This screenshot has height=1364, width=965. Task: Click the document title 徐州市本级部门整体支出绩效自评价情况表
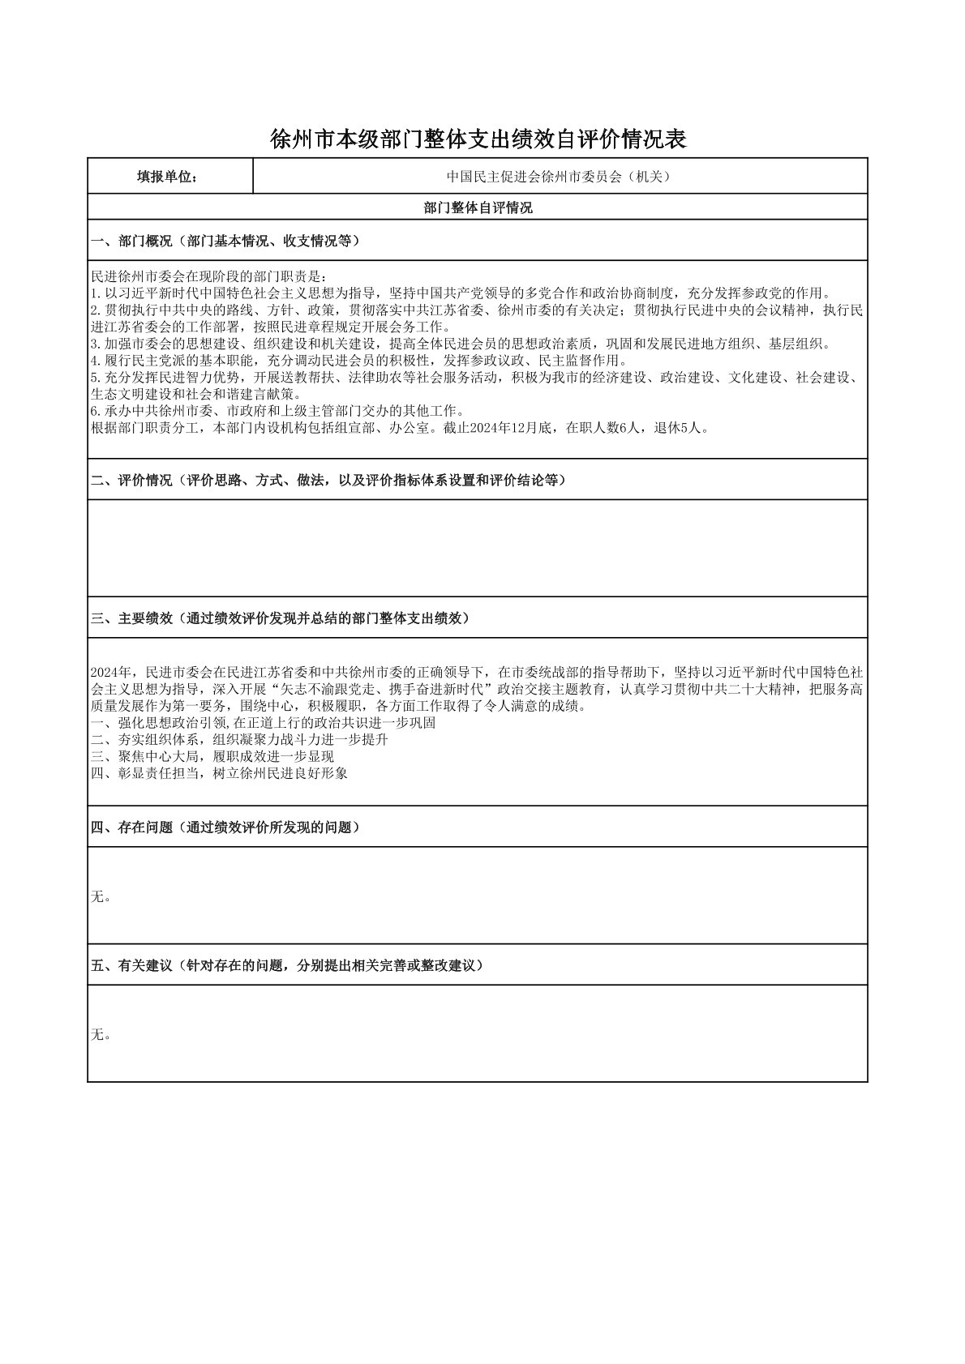(x=478, y=140)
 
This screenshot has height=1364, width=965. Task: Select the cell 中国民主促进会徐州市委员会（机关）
(x=560, y=177)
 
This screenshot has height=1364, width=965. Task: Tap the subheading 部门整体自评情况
(x=478, y=208)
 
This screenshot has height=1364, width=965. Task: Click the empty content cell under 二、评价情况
(x=478, y=548)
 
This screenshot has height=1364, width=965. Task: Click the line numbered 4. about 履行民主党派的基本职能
(x=357, y=361)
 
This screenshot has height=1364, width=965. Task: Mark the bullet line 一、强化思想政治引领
(x=264, y=723)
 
